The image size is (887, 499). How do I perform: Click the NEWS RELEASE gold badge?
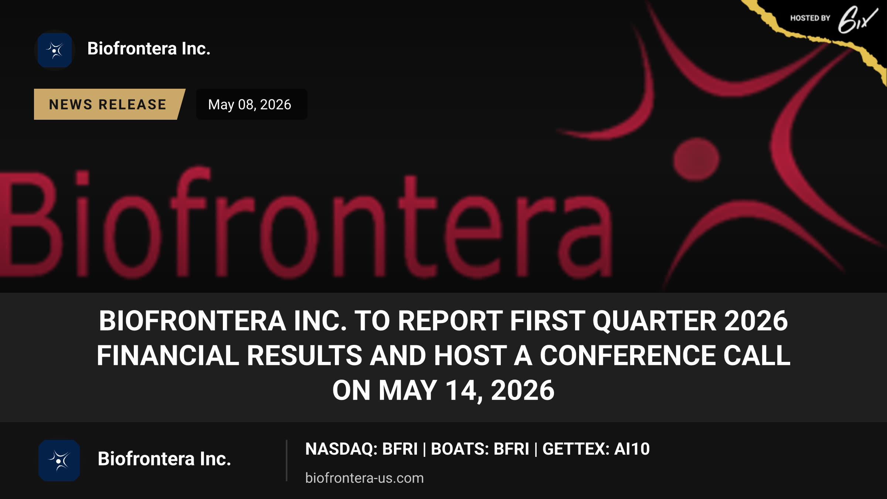(x=109, y=104)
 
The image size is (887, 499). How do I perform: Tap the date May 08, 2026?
(x=250, y=105)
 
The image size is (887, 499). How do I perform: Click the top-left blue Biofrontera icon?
(x=55, y=50)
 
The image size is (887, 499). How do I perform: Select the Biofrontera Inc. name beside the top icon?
(x=149, y=49)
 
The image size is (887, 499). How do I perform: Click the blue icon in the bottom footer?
(x=59, y=461)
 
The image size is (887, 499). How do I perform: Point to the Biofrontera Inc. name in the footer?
(x=164, y=459)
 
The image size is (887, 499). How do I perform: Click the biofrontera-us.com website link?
(x=364, y=478)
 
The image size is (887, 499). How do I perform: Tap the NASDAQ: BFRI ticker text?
(x=361, y=449)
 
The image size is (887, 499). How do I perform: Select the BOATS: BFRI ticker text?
(x=480, y=449)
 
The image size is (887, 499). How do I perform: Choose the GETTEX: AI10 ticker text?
(x=596, y=449)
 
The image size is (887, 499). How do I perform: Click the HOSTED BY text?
(x=810, y=18)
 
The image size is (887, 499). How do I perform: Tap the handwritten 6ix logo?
(x=857, y=20)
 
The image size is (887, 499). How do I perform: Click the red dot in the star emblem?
(x=696, y=159)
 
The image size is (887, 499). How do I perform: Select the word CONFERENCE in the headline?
(x=628, y=356)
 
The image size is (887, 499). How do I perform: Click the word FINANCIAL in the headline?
(x=168, y=356)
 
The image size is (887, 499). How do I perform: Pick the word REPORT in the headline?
(x=451, y=321)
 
